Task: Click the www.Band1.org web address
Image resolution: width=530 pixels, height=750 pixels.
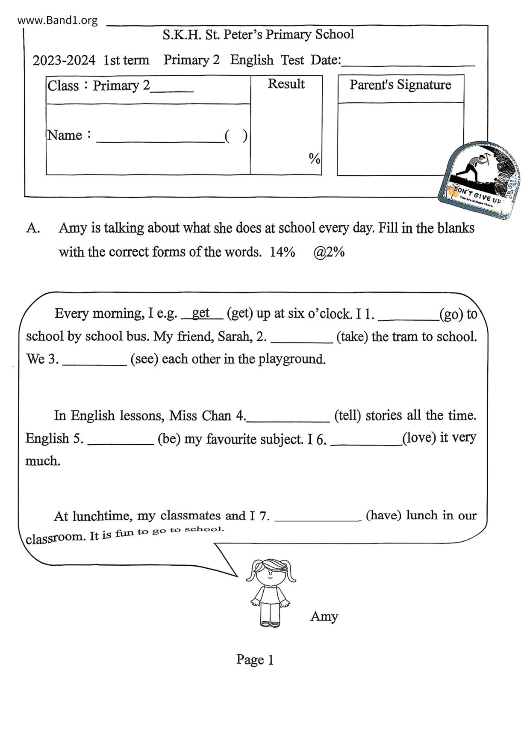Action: (58, 20)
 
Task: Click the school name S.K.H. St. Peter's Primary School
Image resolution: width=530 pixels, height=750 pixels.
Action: (258, 35)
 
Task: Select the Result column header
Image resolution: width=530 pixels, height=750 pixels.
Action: (286, 84)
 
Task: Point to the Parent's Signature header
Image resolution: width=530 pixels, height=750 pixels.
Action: (400, 85)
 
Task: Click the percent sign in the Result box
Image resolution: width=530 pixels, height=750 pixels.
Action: (314, 159)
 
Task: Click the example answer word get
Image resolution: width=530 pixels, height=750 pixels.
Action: (200, 313)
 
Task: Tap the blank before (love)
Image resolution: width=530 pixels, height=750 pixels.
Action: (366, 441)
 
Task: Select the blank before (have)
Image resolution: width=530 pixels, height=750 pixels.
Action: (318, 517)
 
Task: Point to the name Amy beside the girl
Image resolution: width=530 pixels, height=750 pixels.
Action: (324, 616)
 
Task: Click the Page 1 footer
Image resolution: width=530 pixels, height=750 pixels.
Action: (255, 660)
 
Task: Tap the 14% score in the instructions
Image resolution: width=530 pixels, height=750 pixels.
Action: (282, 252)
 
